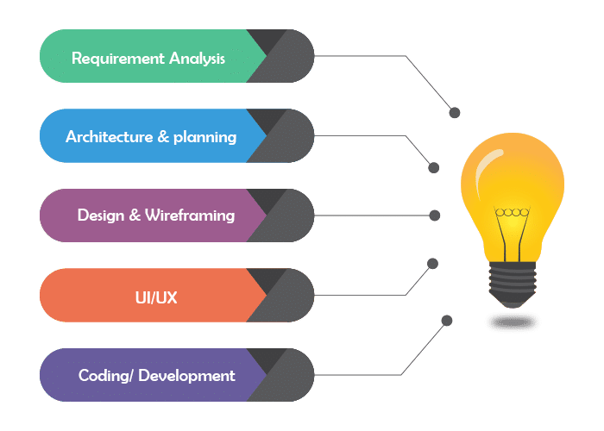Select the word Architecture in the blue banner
coord(107,137)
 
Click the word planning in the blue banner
coord(204,137)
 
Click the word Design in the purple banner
coord(101,215)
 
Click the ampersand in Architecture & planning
coord(160,137)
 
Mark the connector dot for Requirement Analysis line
coord(455,113)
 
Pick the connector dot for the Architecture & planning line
coord(434,167)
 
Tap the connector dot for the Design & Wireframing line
coord(435,215)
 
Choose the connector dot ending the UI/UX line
coord(433,264)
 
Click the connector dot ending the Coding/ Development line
coord(447,321)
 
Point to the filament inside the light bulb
coord(512,215)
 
